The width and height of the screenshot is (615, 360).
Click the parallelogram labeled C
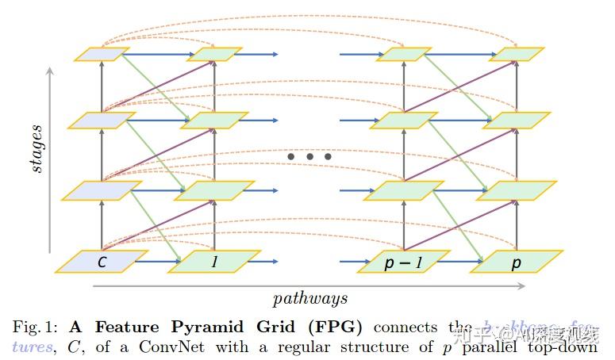[102, 262]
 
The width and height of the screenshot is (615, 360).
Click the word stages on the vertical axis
[36, 148]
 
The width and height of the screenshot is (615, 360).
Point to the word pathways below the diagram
[310, 298]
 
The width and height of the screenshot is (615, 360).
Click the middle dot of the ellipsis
[309, 157]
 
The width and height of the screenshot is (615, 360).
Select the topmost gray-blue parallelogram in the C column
[102, 54]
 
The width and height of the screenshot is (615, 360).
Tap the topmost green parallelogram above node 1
[215, 54]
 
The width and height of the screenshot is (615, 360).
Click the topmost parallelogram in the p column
[517, 54]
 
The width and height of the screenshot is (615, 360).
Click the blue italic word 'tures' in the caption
[30, 347]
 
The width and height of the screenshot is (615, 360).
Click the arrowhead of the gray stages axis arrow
[51, 71]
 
